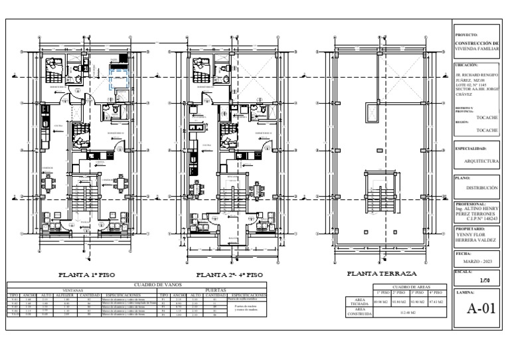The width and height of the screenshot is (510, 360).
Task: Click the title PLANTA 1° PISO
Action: (x=88, y=274)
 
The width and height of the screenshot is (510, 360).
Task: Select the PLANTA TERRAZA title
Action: (x=382, y=273)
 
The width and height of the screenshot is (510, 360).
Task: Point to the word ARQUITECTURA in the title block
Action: (x=481, y=161)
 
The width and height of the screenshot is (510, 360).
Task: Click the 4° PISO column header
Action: (x=437, y=292)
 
